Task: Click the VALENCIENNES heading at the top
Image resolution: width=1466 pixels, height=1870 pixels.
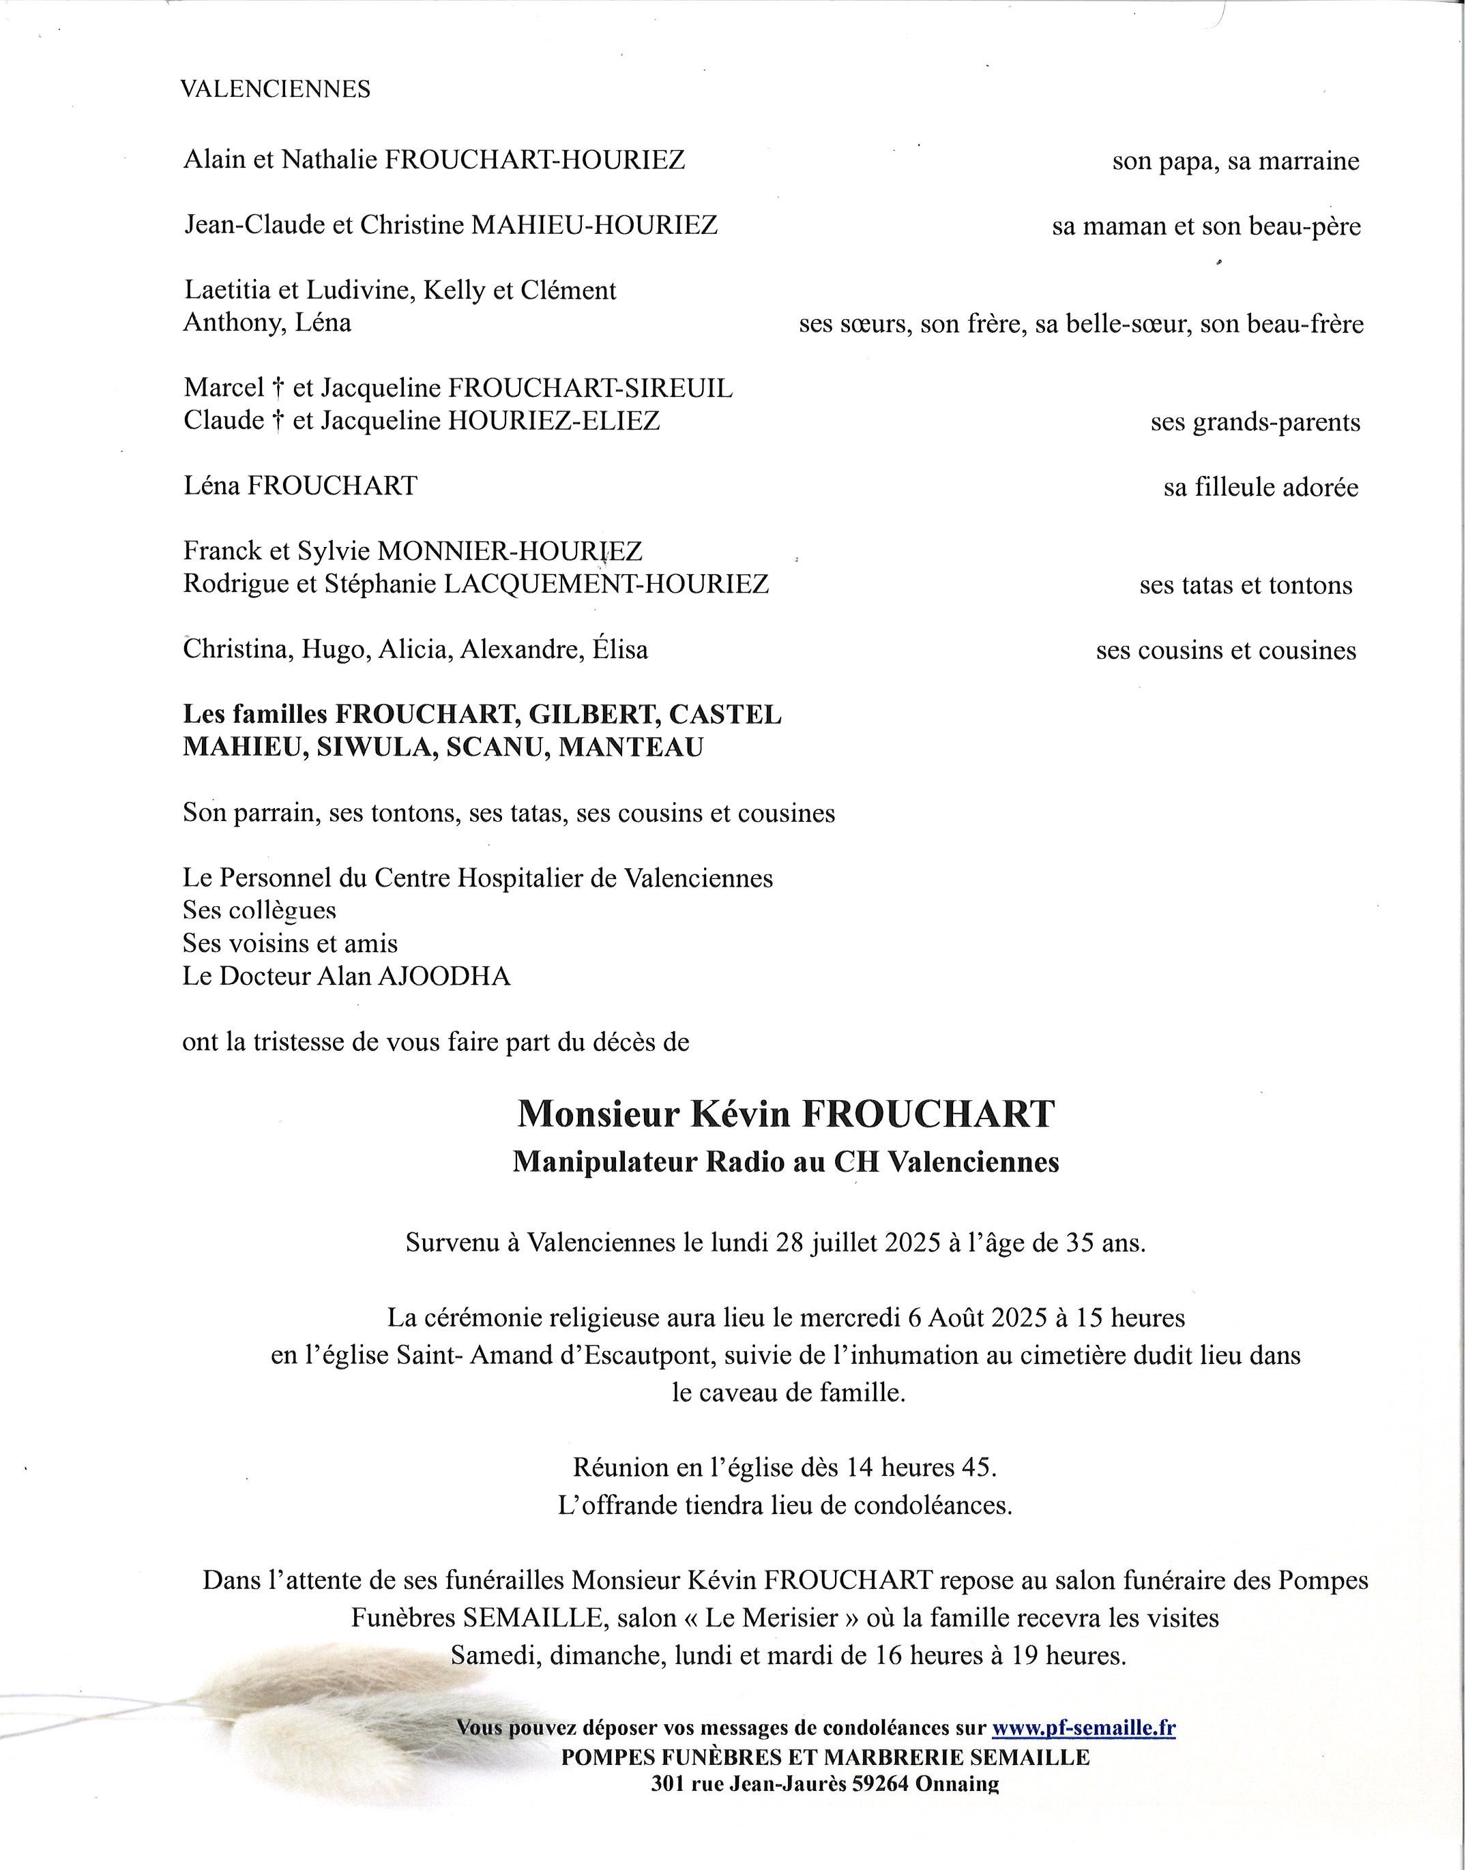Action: (x=275, y=89)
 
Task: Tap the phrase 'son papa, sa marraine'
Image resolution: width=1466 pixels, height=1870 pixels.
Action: (x=1235, y=162)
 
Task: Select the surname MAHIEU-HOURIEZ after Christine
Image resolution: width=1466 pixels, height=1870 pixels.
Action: (x=595, y=225)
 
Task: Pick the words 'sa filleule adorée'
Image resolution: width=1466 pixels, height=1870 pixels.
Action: (x=1261, y=488)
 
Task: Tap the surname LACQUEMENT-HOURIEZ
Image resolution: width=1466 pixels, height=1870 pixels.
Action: (x=605, y=584)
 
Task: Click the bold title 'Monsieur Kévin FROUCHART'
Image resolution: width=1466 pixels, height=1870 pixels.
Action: (x=785, y=1114)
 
